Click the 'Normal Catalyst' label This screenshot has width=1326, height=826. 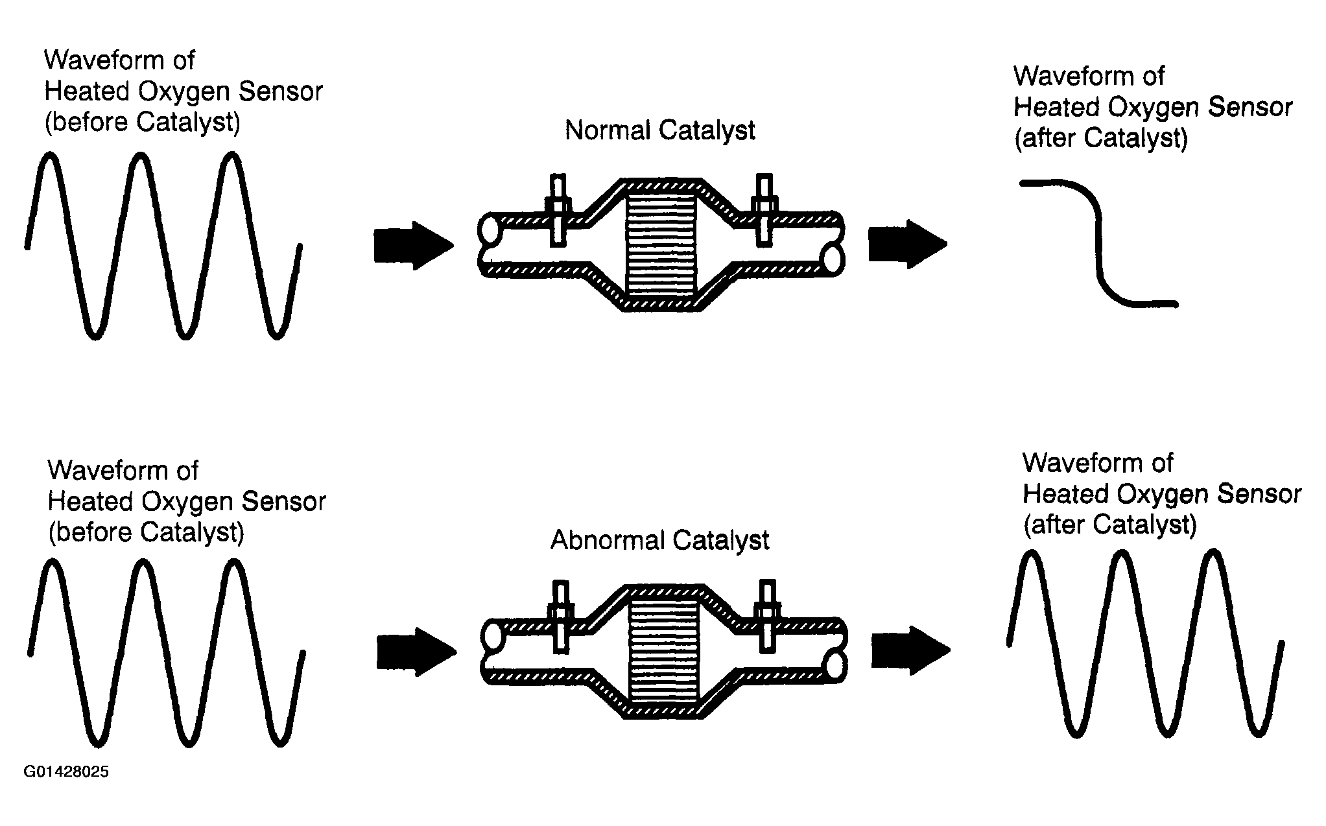[x=659, y=130]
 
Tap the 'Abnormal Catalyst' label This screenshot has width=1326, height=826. [x=659, y=540]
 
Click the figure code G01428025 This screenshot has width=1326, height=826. [x=66, y=772]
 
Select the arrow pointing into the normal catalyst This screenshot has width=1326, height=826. [x=412, y=246]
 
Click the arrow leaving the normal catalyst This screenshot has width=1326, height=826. [x=906, y=244]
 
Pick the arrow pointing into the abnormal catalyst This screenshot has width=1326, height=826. [x=415, y=652]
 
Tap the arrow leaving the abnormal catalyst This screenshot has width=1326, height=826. [x=909, y=650]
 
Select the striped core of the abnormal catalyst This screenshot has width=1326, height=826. [x=664, y=652]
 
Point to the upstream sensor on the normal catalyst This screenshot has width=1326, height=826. [x=558, y=210]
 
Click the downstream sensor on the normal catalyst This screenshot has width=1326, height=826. [x=765, y=210]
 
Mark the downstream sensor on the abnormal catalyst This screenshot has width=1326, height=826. [x=768, y=617]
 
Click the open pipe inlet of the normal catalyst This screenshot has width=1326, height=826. [x=488, y=230]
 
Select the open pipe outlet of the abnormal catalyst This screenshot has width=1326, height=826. [x=836, y=666]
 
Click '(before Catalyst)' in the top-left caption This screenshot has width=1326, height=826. [x=142, y=122]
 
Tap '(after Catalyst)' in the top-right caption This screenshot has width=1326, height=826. [x=1100, y=138]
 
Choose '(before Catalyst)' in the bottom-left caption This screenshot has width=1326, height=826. [x=146, y=532]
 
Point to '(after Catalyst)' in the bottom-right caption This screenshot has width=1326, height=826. [x=1109, y=525]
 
